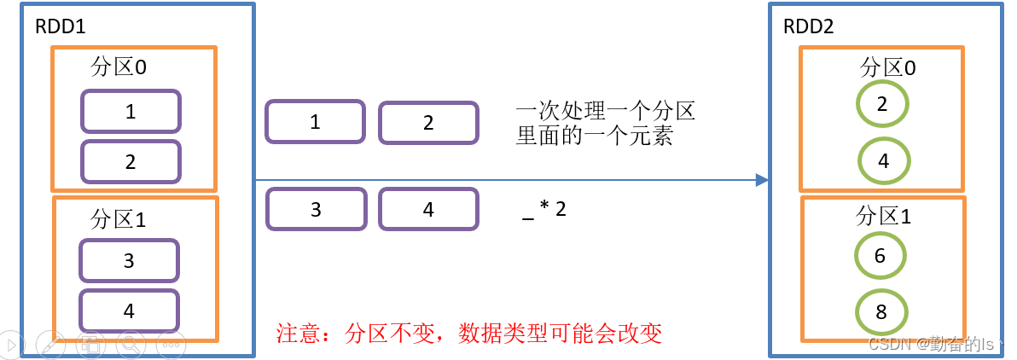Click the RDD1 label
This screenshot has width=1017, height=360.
click(x=60, y=26)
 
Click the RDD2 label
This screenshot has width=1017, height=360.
click(x=809, y=26)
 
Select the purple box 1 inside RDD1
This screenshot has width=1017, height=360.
click(x=131, y=112)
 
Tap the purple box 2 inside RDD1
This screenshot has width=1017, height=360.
click(x=131, y=162)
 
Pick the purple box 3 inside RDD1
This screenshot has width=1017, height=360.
click(x=129, y=261)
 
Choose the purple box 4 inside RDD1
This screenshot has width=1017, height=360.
click(x=129, y=311)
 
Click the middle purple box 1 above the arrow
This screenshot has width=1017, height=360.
click(x=316, y=122)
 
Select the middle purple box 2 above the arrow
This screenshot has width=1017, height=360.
click(x=428, y=123)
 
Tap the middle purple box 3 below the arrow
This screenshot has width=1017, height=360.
click(x=316, y=209)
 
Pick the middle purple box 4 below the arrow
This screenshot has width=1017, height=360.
click(x=428, y=209)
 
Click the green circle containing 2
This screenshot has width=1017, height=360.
click(x=882, y=105)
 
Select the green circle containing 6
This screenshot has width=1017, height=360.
click(x=880, y=256)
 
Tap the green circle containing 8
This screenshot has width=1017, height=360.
click(x=881, y=312)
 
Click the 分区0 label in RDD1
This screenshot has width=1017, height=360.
click(x=119, y=67)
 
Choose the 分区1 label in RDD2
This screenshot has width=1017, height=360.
click(x=884, y=216)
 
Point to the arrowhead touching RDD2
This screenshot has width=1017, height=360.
click(x=762, y=180)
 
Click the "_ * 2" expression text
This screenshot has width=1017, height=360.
click(x=544, y=210)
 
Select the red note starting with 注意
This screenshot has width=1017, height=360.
click(x=469, y=332)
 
